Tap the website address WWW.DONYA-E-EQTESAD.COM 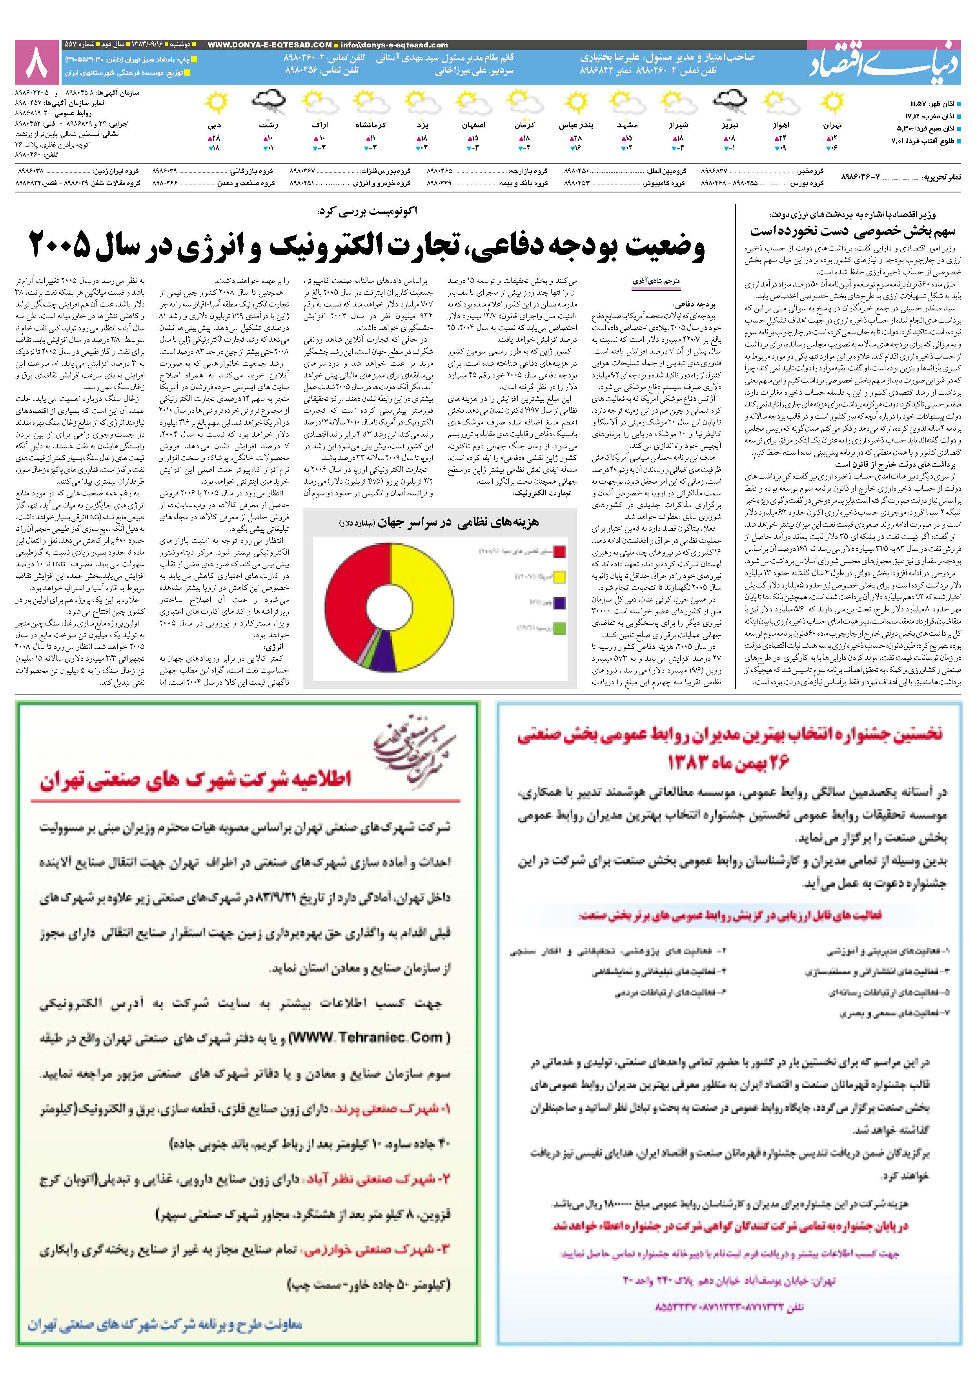[269, 45]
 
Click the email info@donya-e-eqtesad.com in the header [394, 45]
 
